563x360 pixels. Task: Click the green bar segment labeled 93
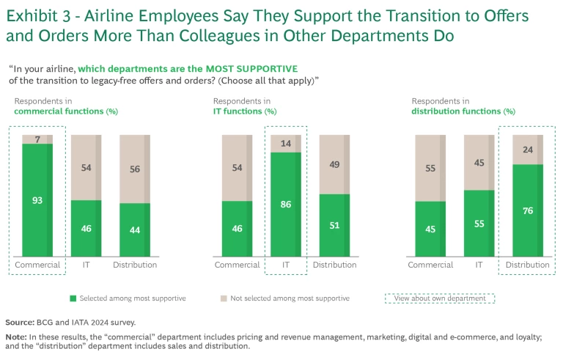37,199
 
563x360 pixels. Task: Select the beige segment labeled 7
37,139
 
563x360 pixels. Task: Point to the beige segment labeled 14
286,144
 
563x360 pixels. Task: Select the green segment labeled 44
135,229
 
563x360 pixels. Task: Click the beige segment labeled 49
334,164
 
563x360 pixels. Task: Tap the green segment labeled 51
334,224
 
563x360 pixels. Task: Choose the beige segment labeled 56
135,169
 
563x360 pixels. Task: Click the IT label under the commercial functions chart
86,265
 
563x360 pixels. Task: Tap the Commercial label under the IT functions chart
237,265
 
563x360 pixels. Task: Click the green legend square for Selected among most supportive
72,298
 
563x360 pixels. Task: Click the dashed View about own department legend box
440,298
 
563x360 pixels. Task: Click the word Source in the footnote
19,322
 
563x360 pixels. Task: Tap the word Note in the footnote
16,336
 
